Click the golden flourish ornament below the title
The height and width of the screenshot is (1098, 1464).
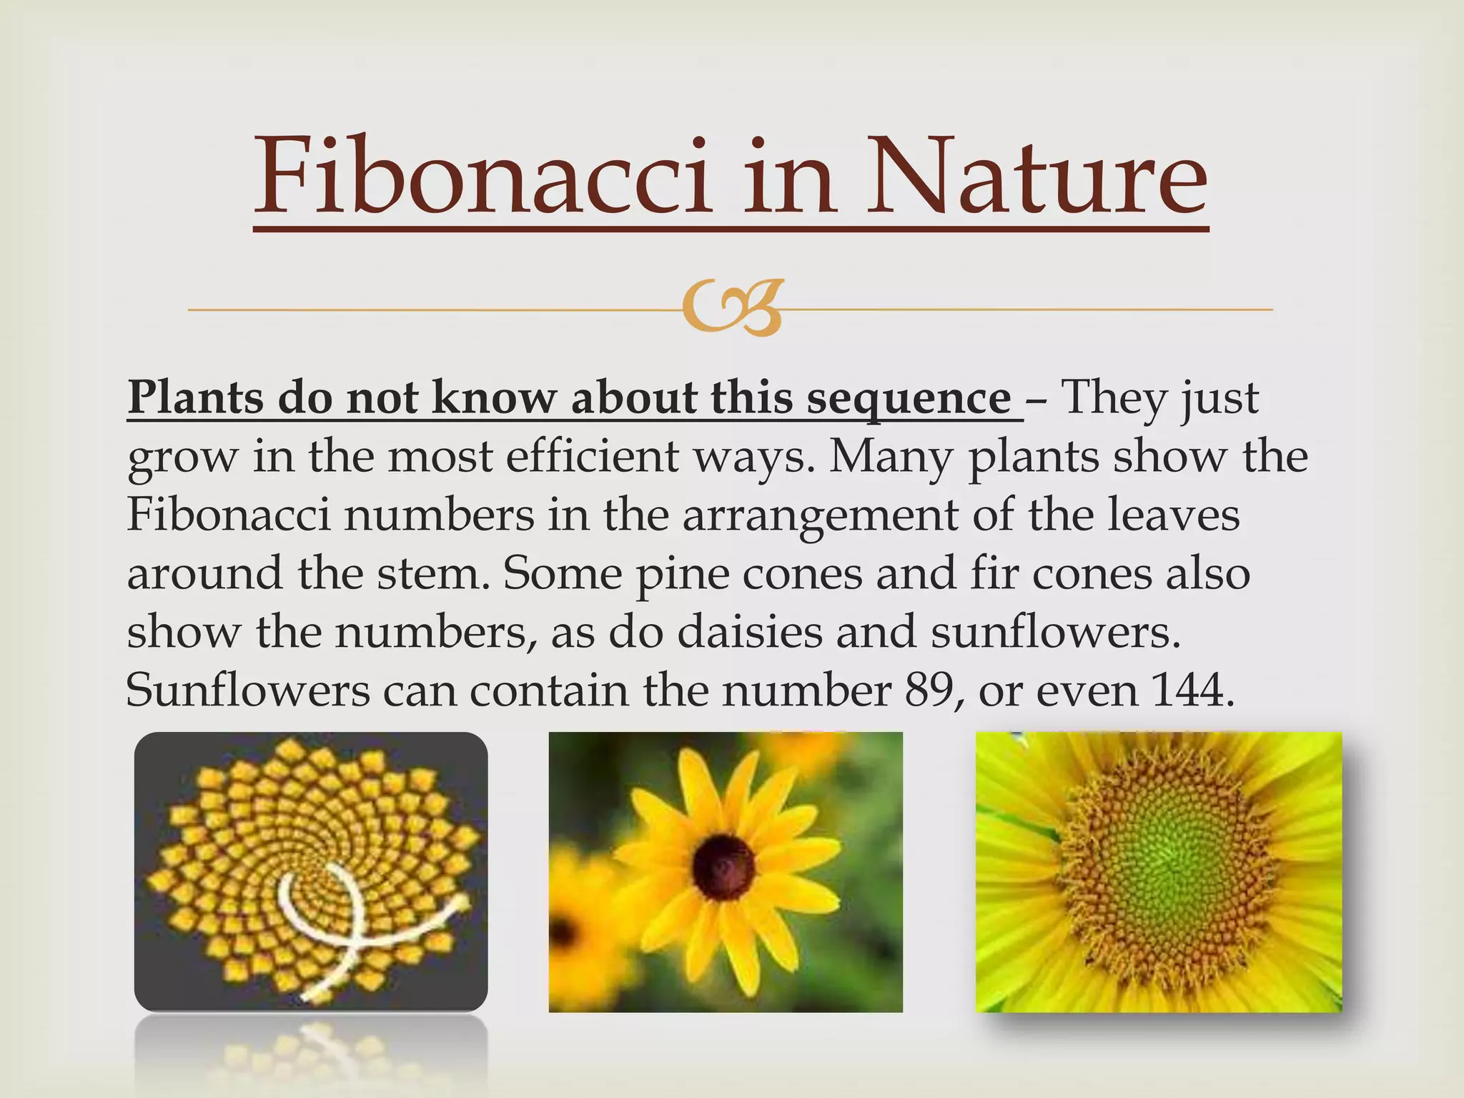tap(731, 309)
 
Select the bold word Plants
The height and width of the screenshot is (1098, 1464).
tap(196, 397)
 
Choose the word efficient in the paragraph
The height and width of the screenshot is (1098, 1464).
tap(593, 456)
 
